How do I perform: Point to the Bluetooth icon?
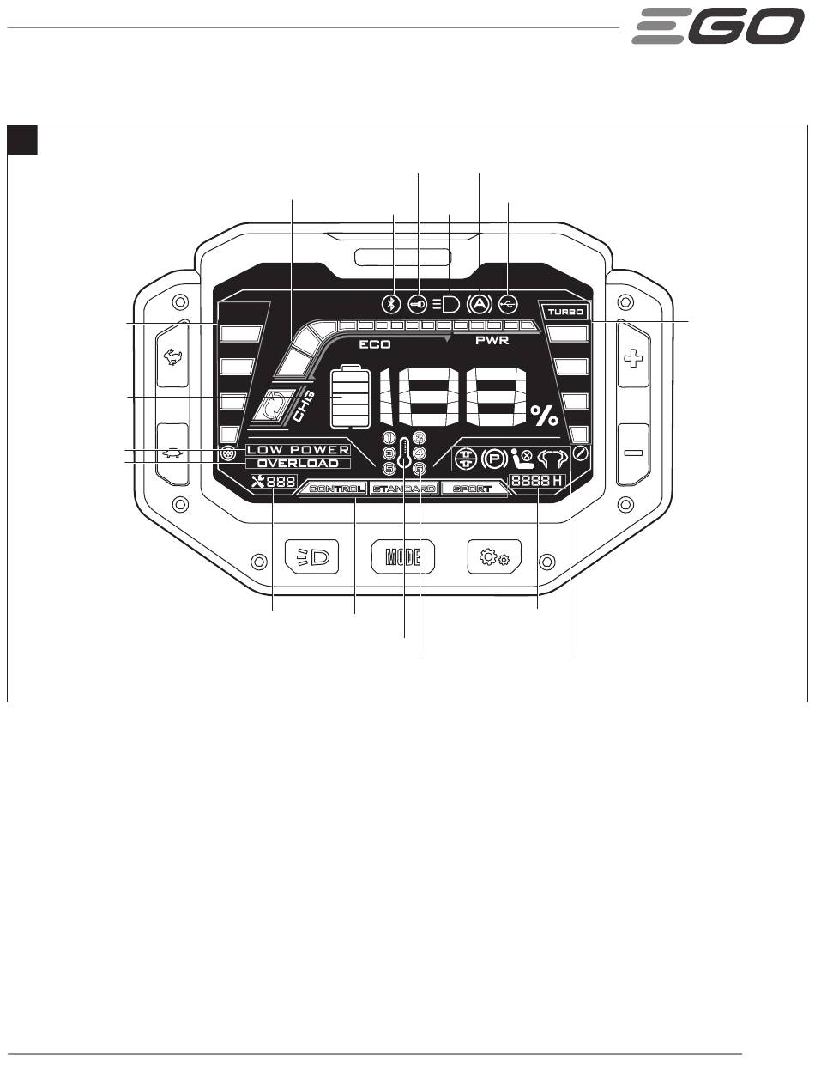point(392,304)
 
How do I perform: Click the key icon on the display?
point(419,304)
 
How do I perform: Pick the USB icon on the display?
point(508,304)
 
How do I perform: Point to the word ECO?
point(375,343)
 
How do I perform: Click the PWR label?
point(492,341)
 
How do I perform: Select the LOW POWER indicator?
point(298,450)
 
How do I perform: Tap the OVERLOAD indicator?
point(298,464)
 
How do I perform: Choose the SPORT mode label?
point(473,489)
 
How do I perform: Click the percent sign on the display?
point(543,416)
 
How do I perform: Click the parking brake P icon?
point(493,459)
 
